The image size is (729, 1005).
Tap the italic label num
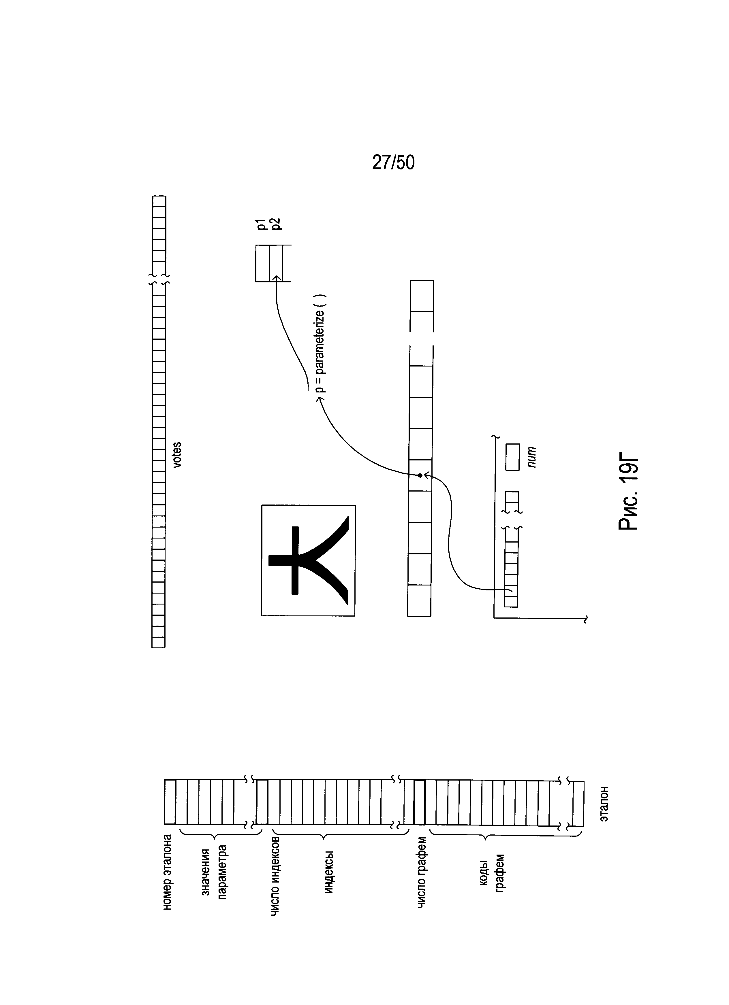[x=532, y=457]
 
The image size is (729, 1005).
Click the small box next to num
[x=513, y=457]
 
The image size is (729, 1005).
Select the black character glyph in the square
[x=308, y=560]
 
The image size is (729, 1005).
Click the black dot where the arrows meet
[x=420, y=475]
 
